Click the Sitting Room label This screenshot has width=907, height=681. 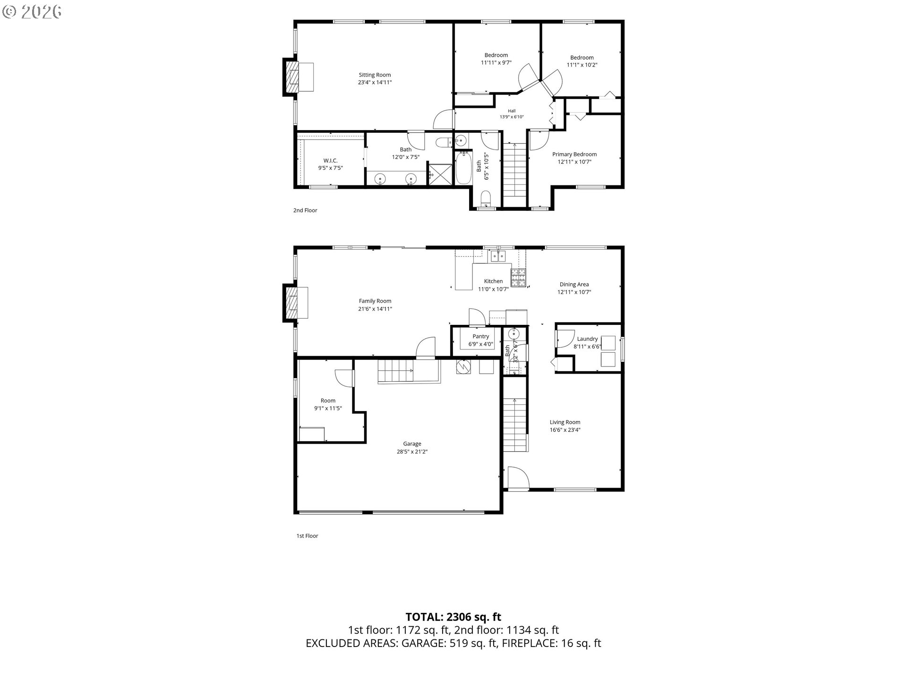pyautogui.click(x=375, y=75)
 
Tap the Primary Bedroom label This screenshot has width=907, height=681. pyautogui.click(x=574, y=154)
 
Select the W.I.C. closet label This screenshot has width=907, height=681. pyautogui.click(x=330, y=160)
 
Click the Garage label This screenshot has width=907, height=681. pyautogui.click(x=412, y=444)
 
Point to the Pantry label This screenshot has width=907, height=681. pyautogui.click(x=481, y=336)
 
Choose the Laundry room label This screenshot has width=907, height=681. pyautogui.click(x=588, y=339)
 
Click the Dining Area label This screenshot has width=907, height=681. pyautogui.click(x=574, y=284)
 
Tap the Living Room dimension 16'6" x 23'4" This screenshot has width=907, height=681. pyautogui.click(x=565, y=430)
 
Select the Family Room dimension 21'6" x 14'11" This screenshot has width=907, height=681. pyautogui.click(x=375, y=309)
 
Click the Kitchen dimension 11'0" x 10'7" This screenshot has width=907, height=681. pyautogui.click(x=493, y=289)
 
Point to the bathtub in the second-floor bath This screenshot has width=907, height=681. pyautogui.click(x=463, y=168)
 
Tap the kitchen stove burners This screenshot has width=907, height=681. pyautogui.click(x=518, y=277)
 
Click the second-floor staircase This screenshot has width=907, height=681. pyautogui.click(x=514, y=171)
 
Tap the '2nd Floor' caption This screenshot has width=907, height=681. pyautogui.click(x=305, y=210)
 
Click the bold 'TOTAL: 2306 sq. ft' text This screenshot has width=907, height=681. pyautogui.click(x=453, y=617)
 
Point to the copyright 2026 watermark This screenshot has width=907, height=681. pyautogui.click(x=32, y=12)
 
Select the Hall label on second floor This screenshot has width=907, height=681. pyautogui.click(x=512, y=111)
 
